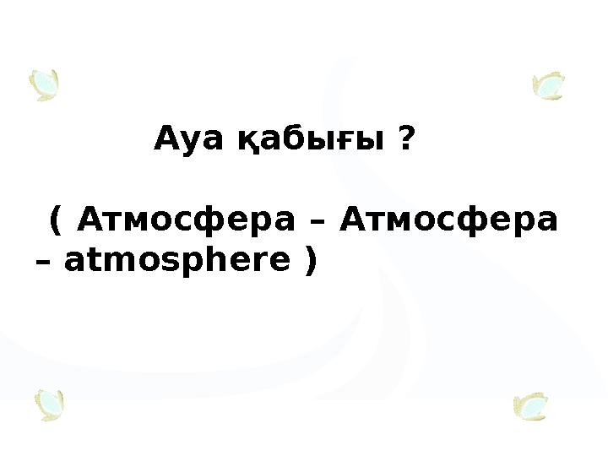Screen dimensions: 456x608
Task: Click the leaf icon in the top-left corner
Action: [44, 85]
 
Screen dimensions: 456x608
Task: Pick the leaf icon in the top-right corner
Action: [549, 85]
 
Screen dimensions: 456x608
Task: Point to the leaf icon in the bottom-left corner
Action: [50, 405]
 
